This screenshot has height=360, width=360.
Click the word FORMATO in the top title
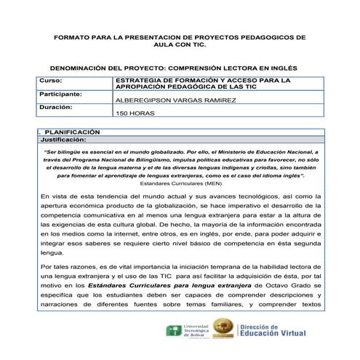click(x=71, y=36)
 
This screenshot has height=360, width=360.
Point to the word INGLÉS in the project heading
click(x=282, y=66)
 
